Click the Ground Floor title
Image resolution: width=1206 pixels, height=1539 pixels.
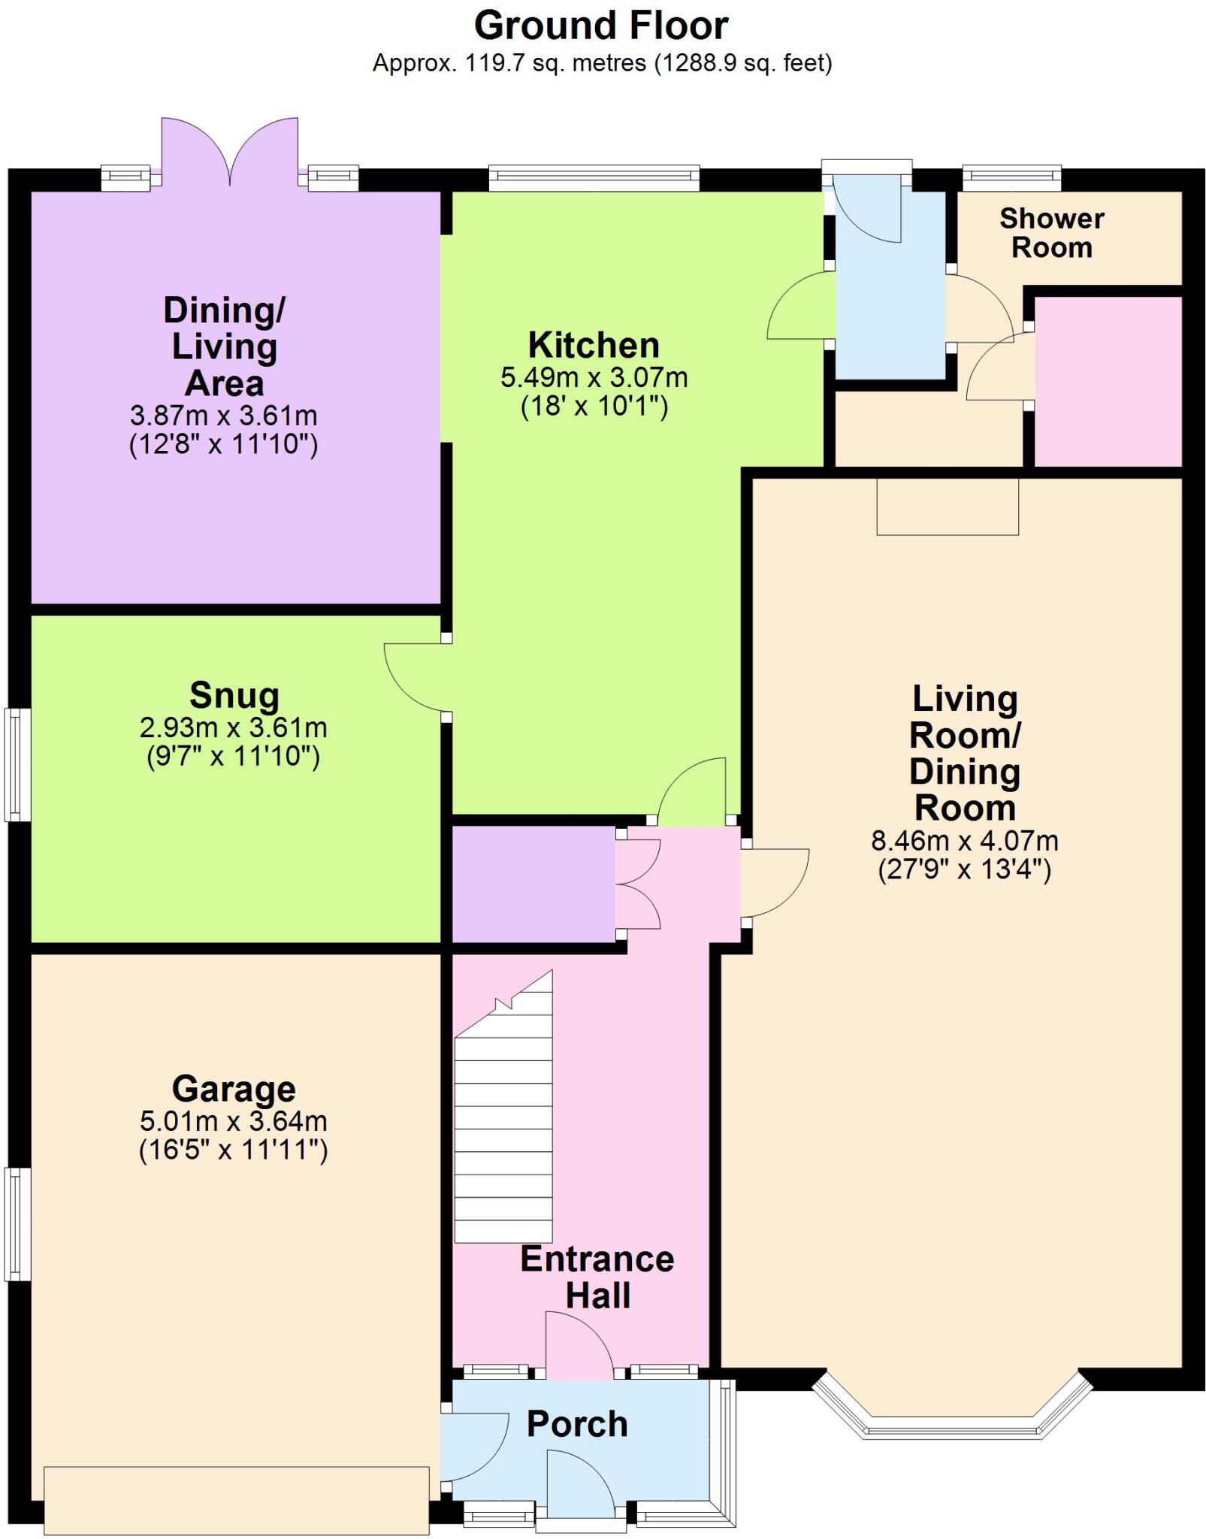(600, 26)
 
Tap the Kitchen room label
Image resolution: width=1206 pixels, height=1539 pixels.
(594, 346)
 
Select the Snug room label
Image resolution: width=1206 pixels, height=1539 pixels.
(234, 695)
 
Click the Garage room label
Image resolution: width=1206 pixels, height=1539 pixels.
(234, 1089)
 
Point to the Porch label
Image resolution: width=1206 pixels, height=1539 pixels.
(577, 1423)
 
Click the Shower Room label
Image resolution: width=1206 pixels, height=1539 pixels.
(1051, 233)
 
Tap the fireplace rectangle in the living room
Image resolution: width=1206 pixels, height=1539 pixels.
(948, 506)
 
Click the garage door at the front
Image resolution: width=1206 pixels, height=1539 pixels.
(236, 1499)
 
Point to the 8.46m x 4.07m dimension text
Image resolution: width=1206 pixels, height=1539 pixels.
(964, 840)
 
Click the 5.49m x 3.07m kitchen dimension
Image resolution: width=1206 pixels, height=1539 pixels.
(594, 377)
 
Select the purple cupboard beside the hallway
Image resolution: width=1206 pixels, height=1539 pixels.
(533, 884)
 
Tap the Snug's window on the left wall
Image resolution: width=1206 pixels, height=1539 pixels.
(17, 764)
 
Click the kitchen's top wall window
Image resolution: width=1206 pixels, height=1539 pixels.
(594, 178)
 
